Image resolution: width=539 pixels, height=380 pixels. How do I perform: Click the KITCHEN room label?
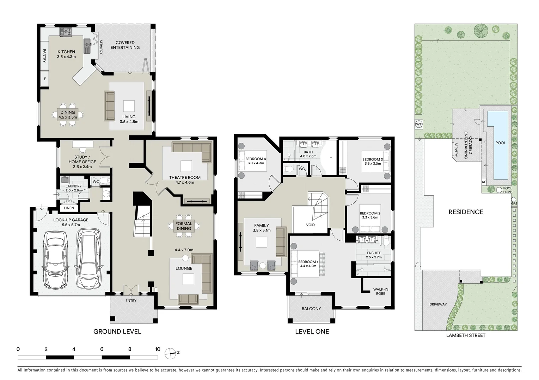66,52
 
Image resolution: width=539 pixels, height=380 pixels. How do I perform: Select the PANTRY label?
45,56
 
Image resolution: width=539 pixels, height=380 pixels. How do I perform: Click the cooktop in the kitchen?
66,32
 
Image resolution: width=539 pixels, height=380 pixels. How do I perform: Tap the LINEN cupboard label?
69,208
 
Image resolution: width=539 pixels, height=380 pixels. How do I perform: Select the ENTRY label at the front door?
131,300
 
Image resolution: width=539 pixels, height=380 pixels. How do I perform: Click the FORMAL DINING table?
184,226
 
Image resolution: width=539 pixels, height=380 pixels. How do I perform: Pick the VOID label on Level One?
310,225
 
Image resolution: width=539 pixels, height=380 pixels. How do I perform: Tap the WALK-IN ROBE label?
380,291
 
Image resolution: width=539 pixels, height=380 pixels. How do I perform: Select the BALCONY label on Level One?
311,309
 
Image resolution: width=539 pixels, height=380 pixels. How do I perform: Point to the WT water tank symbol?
418,124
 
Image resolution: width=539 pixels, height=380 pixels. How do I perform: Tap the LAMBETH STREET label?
466,335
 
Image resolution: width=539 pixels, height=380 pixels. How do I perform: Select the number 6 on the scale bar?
102,349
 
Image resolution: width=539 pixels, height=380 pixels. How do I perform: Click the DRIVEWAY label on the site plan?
438,304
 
